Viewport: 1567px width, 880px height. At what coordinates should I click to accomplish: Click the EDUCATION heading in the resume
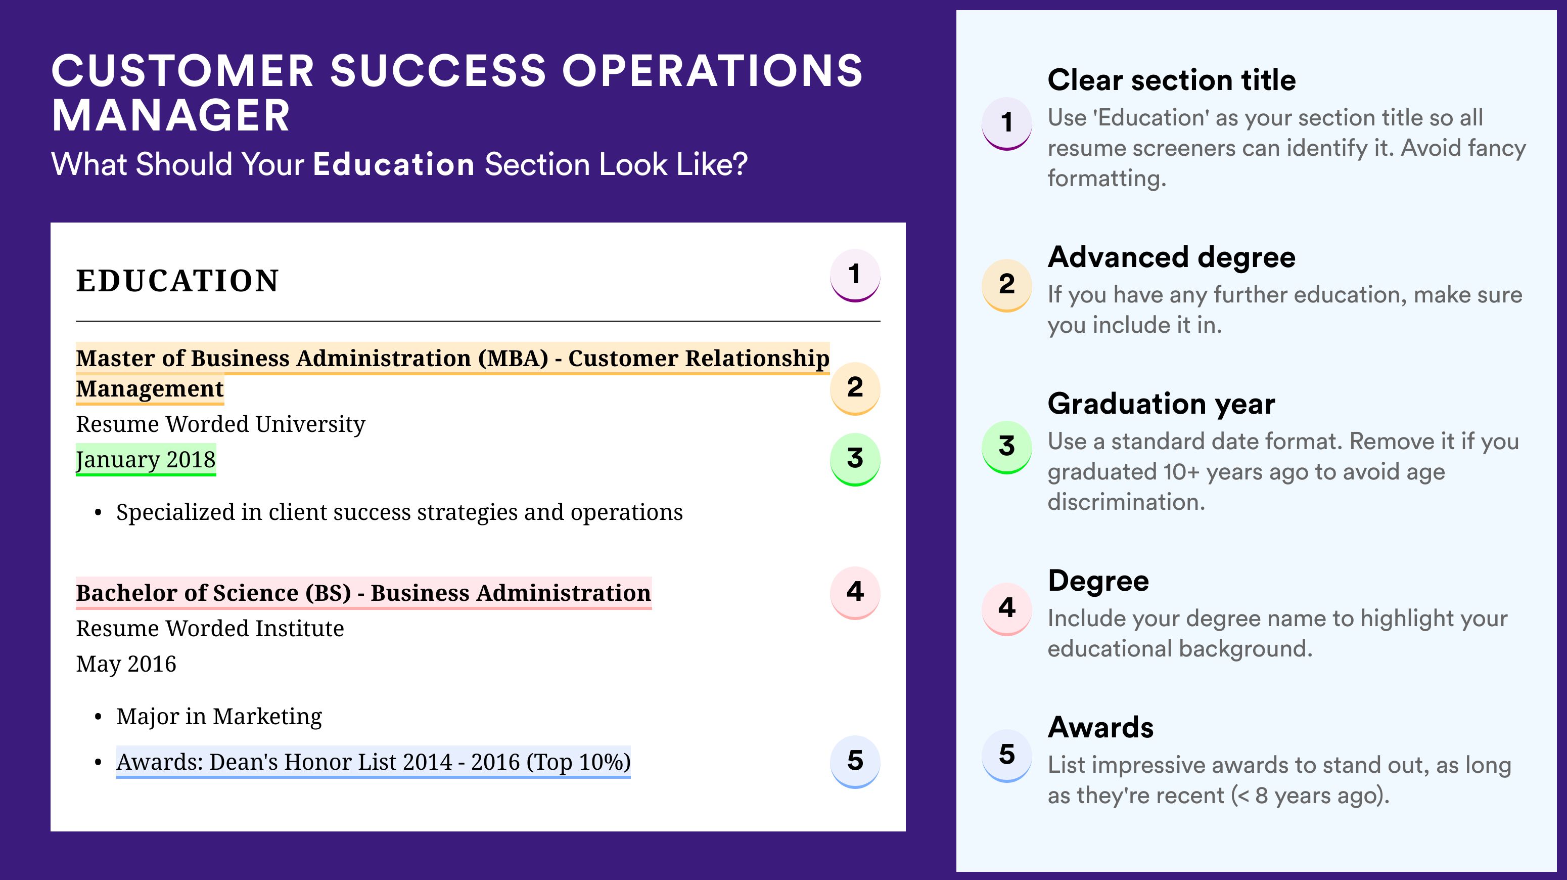click(x=177, y=281)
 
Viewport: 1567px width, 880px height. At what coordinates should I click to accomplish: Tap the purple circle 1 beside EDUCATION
click(x=855, y=275)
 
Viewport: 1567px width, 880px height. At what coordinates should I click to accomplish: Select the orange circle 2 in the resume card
click(x=855, y=388)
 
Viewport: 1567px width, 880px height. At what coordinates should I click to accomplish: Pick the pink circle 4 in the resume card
click(x=855, y=593)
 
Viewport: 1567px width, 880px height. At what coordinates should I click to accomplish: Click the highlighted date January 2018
click(x=146, y=460)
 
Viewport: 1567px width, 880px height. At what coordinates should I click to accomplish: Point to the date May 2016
click(x=126, y=664)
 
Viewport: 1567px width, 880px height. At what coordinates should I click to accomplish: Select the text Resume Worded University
click(x=220, y=424)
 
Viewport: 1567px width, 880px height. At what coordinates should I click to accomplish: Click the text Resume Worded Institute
click(x=210, y=628)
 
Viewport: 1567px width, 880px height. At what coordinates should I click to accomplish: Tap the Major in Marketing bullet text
click(x=219, y=716)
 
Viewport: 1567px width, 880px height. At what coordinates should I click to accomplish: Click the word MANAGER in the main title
click(x=171, y=116)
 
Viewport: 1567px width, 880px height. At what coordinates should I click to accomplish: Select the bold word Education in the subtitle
click(x=394, y=164)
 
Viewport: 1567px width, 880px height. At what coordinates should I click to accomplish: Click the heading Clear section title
click(x=1172, y=80)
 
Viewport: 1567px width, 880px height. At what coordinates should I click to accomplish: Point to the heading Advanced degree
click(x=1172, y=257)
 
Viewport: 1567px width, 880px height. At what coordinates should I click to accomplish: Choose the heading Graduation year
click(x=1161, y=404)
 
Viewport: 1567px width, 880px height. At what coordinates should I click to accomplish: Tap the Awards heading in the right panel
click(x=1100, y=727)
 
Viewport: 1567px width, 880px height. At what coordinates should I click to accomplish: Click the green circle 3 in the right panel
click(x=1007, y=447)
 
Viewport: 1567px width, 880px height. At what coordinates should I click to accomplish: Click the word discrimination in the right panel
click(x=1126, y=502)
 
